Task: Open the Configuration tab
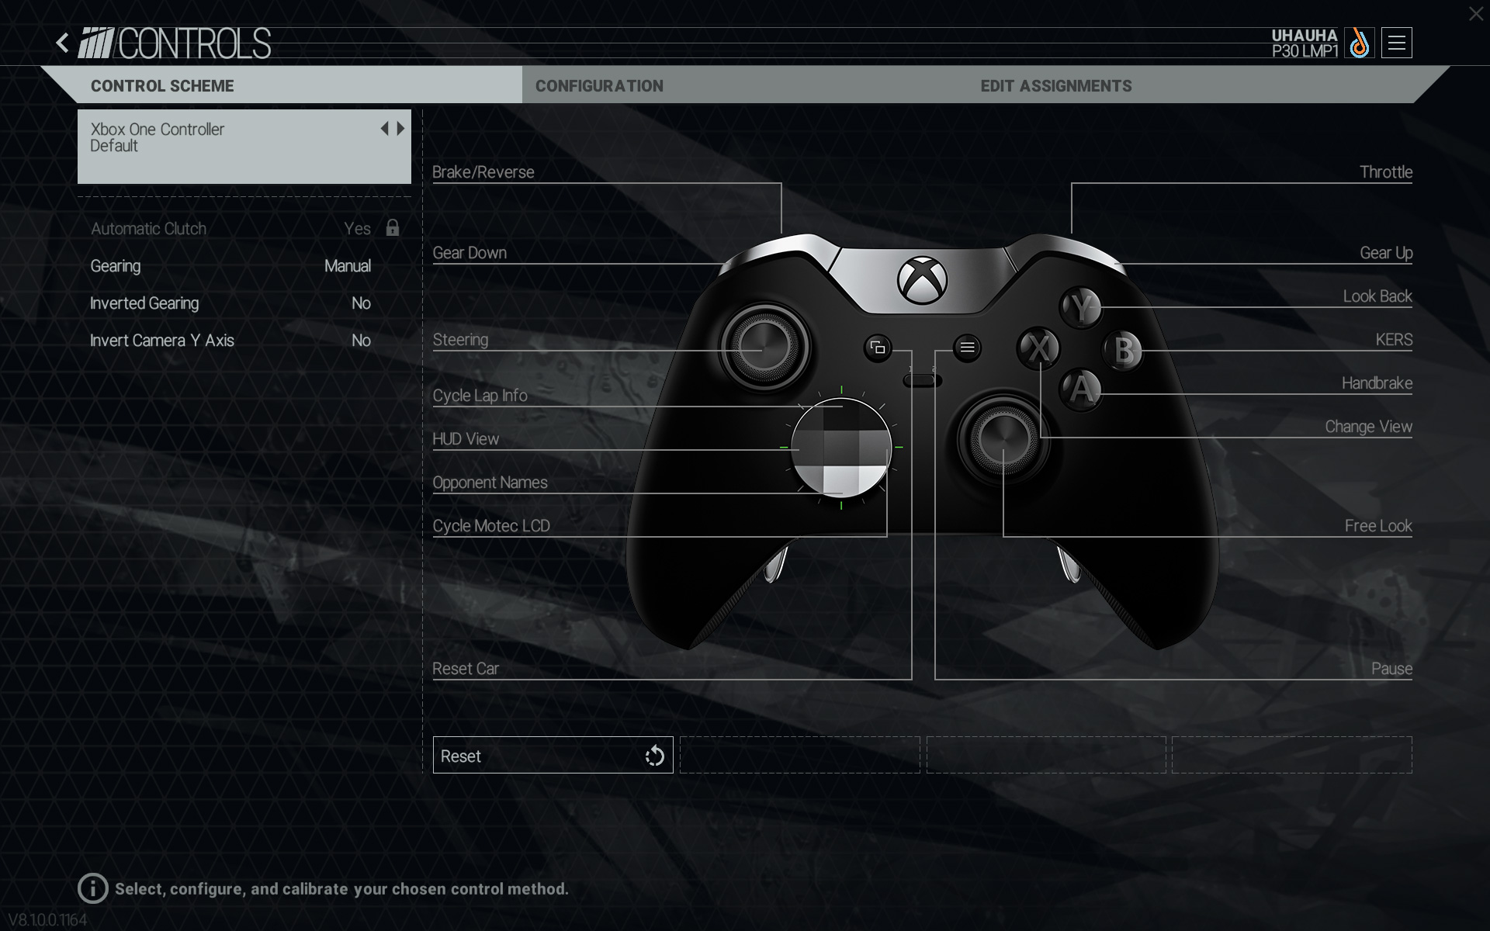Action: click(599, 86)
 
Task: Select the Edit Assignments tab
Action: click(1055, 86)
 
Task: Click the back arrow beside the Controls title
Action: click(63, 43)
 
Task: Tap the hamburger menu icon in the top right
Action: click(1397, 43)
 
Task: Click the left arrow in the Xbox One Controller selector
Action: click(384, 129)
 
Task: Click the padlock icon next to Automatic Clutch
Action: click(393, 227)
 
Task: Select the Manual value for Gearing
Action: click(348, 266)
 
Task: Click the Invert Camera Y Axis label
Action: click(162, 341)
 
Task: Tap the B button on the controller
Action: click(1123, 351)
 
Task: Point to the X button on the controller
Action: click(1038, 348)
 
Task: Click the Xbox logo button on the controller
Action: click(923, 280)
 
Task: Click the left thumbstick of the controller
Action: click(764, 347)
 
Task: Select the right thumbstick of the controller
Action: click(1003, 439)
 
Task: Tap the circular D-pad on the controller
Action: click(841, 448)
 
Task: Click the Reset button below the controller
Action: click(553, 755)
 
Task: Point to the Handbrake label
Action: click(1377, 383)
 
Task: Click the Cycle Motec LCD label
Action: click(491, 526)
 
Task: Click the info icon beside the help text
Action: click(93, 888)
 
